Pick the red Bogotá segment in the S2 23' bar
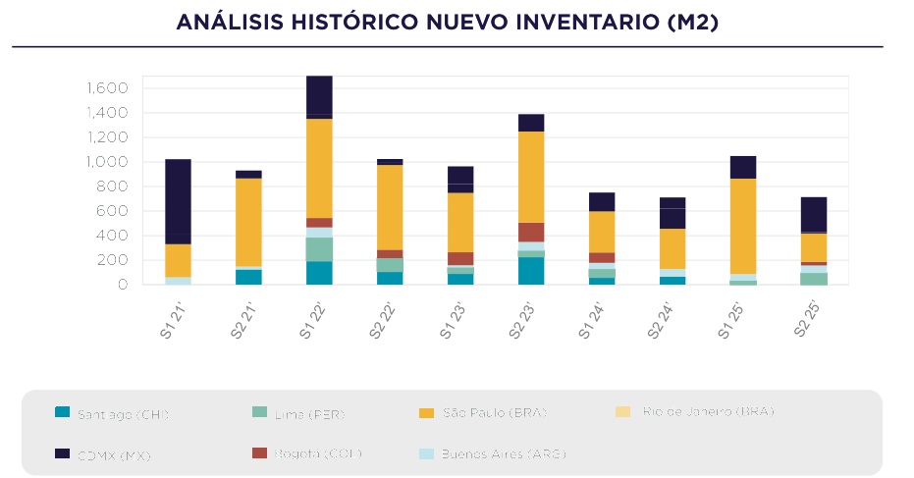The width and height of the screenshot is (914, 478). [531, 232]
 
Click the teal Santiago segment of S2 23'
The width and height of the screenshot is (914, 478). [531, 271]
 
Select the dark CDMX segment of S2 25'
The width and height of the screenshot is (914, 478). [814, 214]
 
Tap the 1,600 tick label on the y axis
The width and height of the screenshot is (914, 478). [108, 88]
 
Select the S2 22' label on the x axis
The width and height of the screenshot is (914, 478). [384, 320]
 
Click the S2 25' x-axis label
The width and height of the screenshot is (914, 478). [808, 320]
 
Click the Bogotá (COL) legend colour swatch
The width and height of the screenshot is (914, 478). [260, 452]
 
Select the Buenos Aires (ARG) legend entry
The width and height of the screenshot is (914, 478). [504, 453]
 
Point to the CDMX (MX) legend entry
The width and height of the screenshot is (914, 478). [114, 454]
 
